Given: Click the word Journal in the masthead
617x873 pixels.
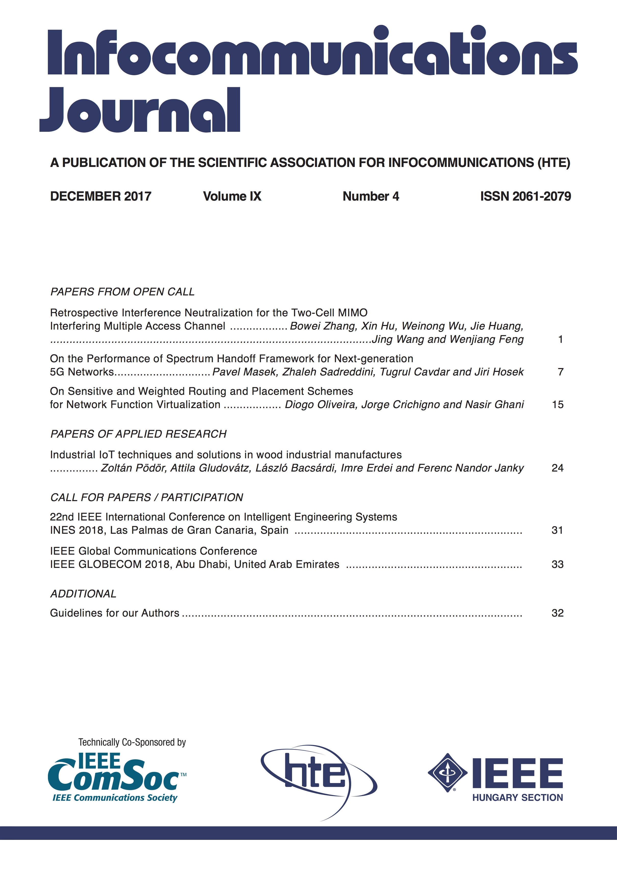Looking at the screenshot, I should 140,111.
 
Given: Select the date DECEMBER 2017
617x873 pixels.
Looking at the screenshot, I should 101,196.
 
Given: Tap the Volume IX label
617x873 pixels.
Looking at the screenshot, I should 232,196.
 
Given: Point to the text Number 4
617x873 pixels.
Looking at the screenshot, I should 371,196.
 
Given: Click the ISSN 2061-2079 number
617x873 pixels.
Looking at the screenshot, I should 526,196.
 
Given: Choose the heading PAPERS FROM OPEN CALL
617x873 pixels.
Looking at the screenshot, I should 122,292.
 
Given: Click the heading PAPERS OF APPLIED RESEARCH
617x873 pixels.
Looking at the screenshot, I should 138,434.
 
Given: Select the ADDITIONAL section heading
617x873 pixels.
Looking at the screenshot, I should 83,594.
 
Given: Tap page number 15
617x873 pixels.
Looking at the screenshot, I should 557,405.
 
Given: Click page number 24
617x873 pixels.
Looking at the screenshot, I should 557,468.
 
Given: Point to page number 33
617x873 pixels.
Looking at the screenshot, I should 557,564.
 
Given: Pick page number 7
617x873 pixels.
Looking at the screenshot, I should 560,372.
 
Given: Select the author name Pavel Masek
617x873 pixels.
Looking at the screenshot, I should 244,372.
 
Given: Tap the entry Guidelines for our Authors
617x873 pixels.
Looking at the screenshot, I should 114,613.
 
